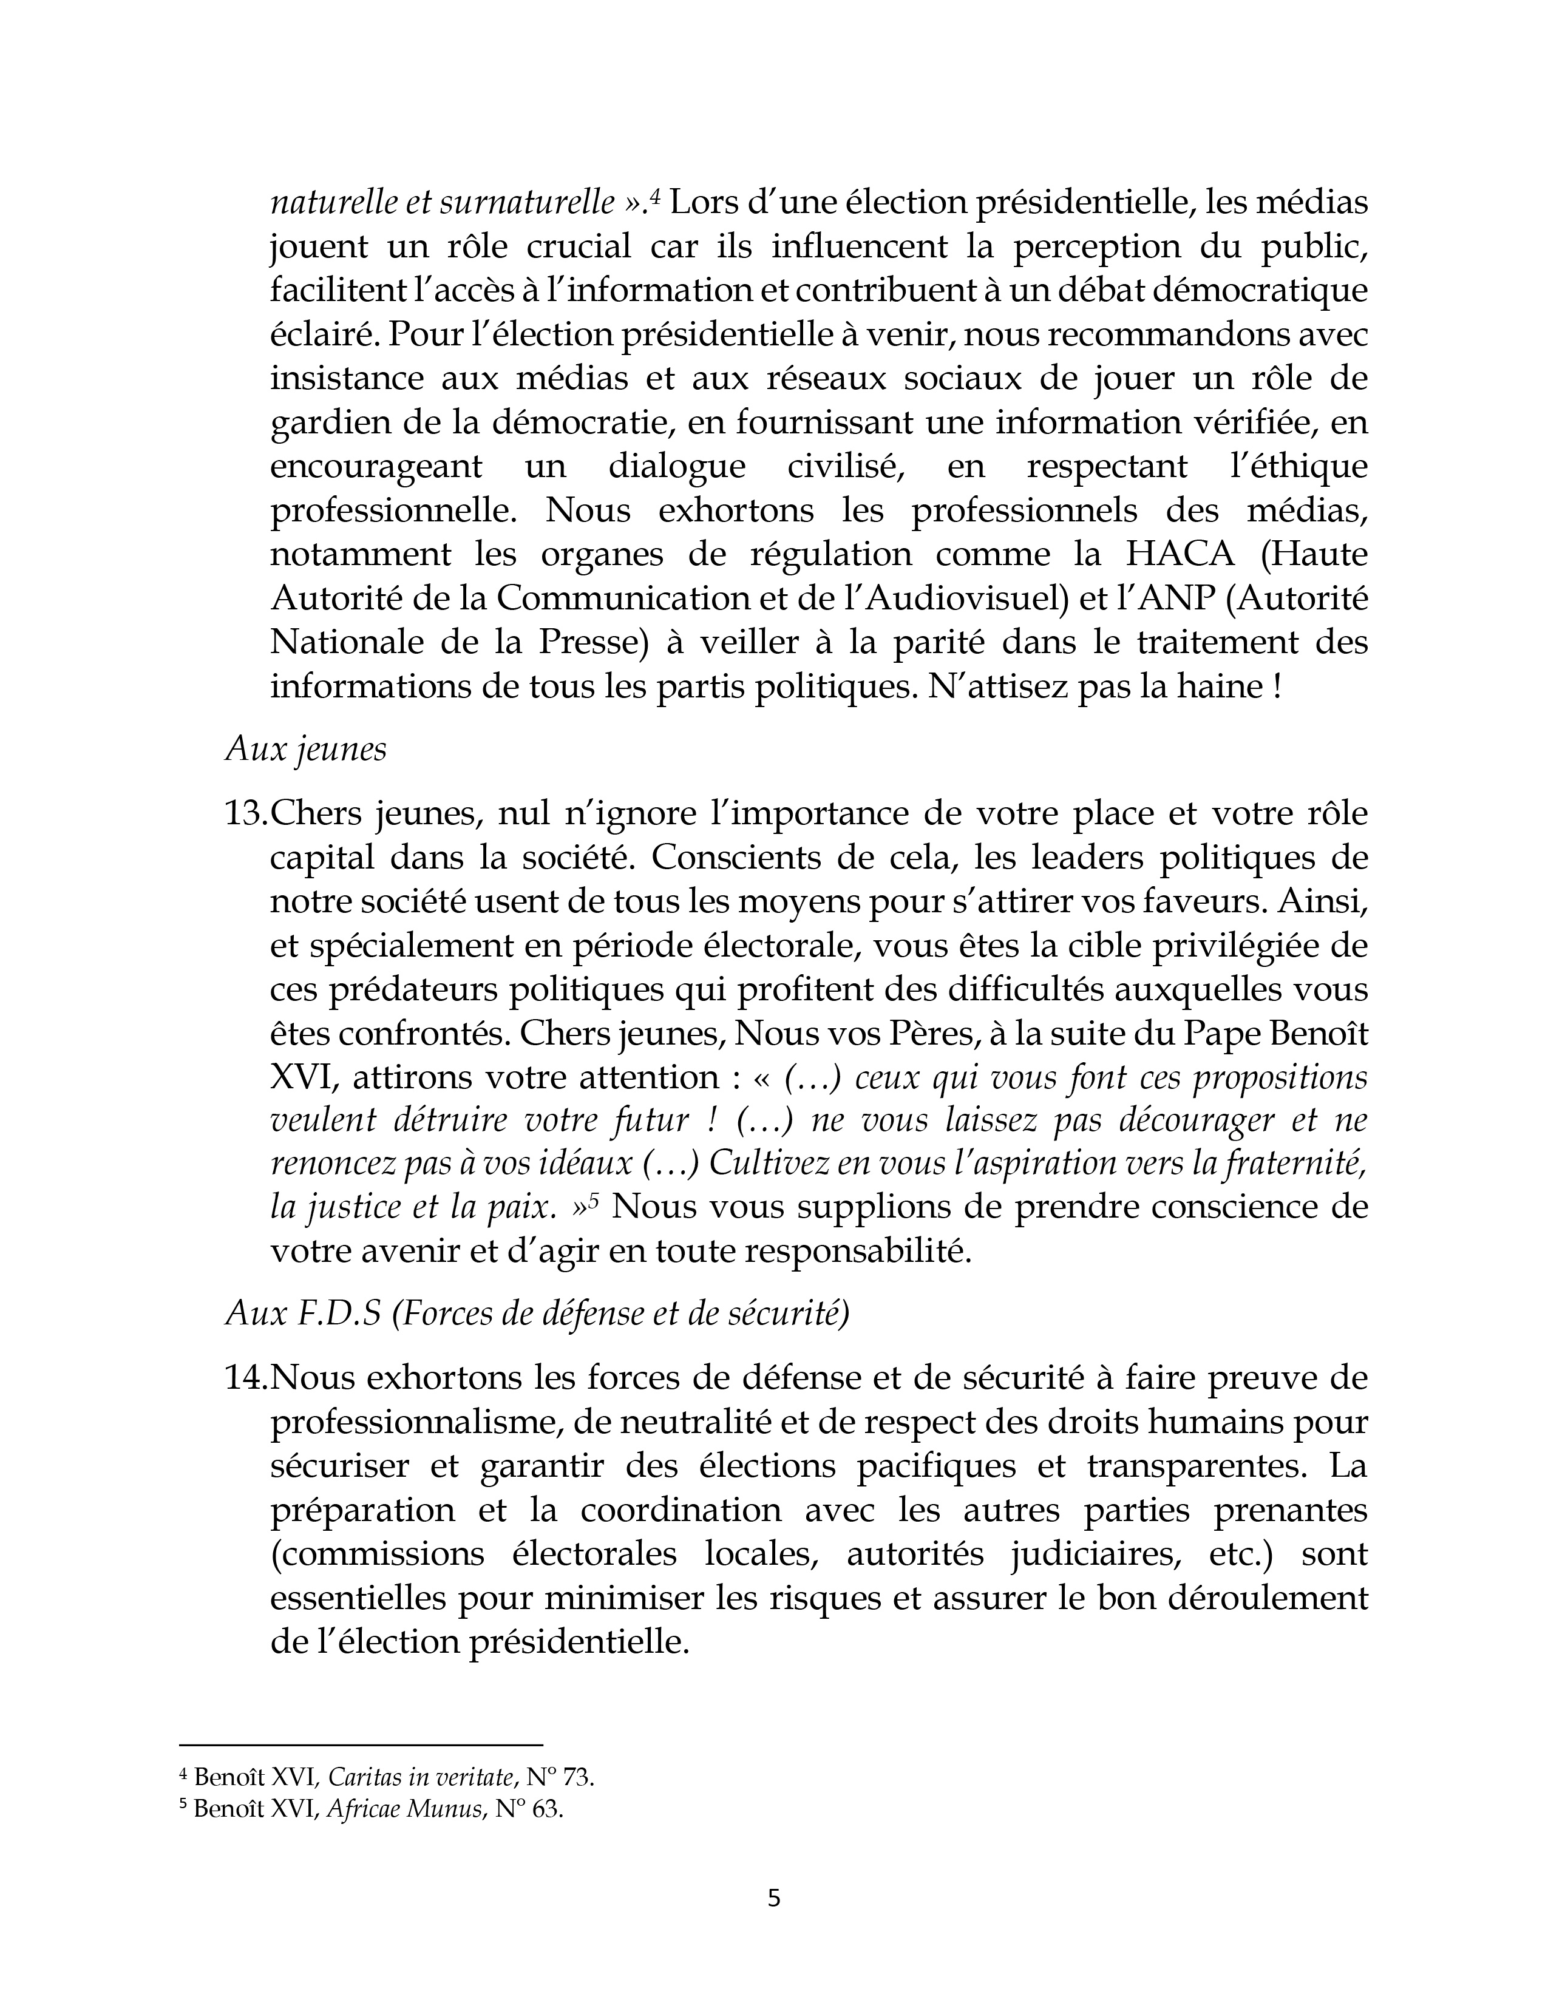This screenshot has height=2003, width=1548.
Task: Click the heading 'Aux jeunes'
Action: point(305,750)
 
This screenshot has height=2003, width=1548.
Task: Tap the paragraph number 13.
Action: point(246,813)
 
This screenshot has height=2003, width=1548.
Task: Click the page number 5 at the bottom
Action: point(773,1897)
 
